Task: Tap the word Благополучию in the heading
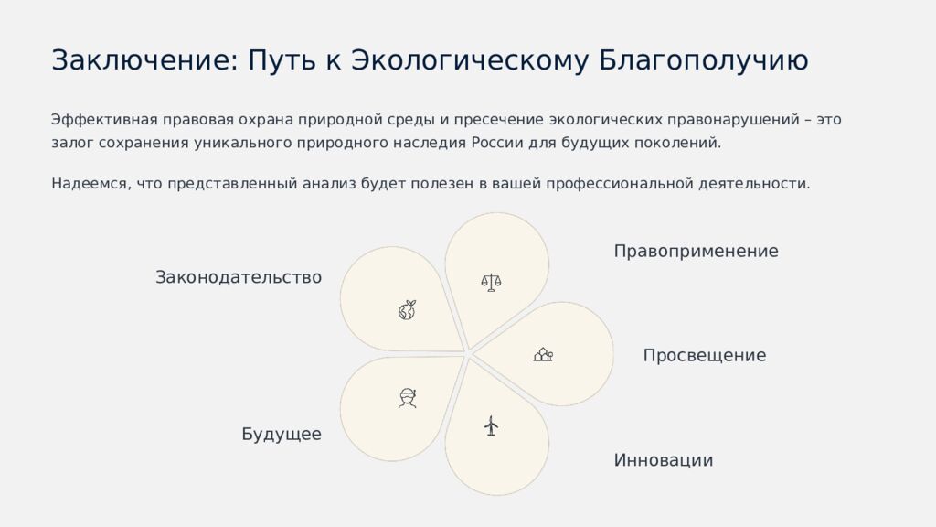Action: point(704,60)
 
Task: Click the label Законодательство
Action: point(239,277)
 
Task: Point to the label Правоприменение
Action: point(696,252)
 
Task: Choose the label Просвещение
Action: point(704,356)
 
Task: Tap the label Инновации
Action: point(663,460)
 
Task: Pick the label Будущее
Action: point(282,435)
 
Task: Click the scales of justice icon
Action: point(492,282)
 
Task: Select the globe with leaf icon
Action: point(408,310)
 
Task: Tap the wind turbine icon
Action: point(491,425)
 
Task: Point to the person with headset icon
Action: point(408,397)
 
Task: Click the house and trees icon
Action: point(543,354)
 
